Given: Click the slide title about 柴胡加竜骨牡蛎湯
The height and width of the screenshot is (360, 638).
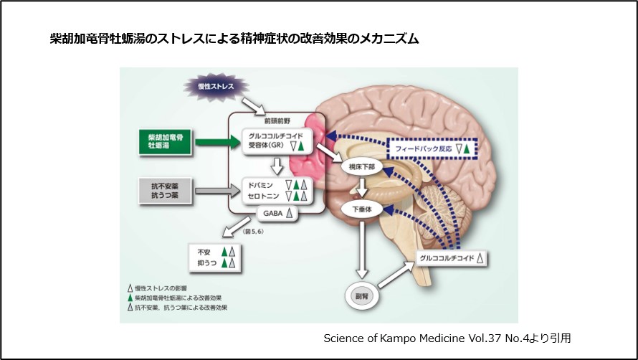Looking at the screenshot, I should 233,38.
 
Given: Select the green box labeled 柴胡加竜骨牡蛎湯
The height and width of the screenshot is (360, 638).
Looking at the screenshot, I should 166,141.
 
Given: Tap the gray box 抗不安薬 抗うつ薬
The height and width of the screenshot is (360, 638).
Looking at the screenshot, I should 166,191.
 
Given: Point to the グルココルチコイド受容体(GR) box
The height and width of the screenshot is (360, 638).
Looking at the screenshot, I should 276,140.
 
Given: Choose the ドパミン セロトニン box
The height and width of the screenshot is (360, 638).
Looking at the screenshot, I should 276,190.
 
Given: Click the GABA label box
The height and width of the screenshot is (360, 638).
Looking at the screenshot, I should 276,212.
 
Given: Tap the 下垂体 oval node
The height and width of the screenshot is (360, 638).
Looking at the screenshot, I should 363,210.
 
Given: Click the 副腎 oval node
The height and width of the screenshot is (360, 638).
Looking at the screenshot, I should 363,294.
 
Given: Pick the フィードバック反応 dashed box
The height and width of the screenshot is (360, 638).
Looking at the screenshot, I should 429,148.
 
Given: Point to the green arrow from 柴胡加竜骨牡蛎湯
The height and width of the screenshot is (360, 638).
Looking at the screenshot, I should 215,141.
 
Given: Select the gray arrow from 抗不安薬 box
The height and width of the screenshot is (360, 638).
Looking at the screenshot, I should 215,191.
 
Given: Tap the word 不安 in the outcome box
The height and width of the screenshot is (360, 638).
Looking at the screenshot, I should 203,252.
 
